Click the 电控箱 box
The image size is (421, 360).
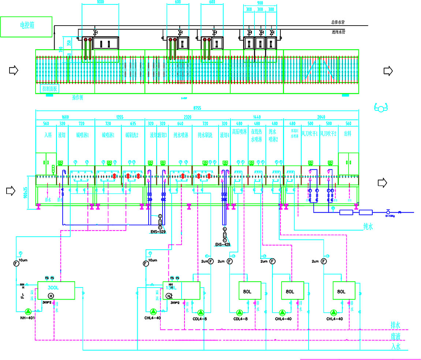click(x=26, y=26)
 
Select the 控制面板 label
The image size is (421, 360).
click(x=49, y=89)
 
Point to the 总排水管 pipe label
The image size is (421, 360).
click(x=338, y=22)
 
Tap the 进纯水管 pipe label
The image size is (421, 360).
click(x=338, y=32)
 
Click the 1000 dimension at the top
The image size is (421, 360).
click(x=100, y=2)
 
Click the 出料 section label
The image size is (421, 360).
click(x=348, y=135)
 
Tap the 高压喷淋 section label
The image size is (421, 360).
click(x=239, y=131)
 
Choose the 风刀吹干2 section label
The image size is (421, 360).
click(x=328, y=134)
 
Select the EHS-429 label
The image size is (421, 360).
click(x=224, y=244)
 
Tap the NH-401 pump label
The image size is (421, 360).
click(x=27, y=318)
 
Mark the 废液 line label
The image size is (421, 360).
click(x=396, y=336)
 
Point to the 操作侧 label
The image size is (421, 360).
click(x=79, y=98)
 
